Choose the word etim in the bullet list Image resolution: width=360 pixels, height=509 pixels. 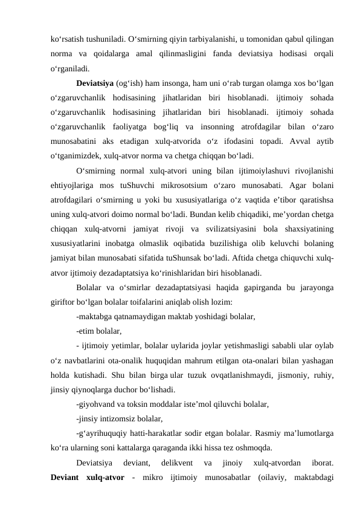point(87,330)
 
